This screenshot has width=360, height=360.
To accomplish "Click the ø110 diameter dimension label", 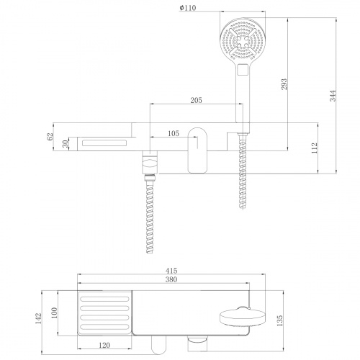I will point(189,8).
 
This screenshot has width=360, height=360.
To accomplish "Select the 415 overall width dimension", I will point(170,270).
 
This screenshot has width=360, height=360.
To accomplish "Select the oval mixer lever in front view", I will point(198,149).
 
